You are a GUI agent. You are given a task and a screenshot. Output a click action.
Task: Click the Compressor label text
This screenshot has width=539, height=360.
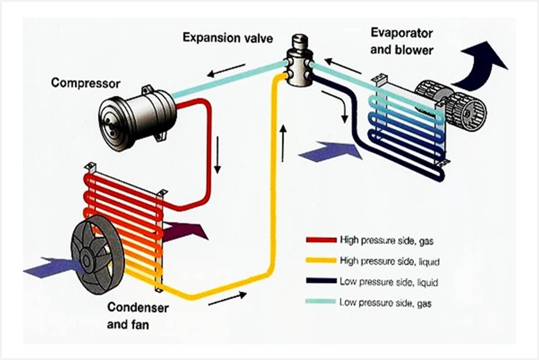click(85, 82)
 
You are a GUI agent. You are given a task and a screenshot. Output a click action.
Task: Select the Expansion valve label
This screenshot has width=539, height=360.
click(227, 38)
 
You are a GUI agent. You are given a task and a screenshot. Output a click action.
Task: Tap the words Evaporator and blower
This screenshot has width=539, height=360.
click(402, 42)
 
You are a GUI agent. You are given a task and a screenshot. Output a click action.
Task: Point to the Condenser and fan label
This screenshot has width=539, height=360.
click(138, 315)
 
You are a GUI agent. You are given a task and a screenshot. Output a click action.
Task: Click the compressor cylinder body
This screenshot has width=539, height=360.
click(137, 116)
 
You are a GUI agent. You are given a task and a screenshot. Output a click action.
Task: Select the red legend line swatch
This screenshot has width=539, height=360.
click(321, 240)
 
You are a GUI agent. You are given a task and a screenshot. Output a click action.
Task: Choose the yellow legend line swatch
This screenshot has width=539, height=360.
click(321, 260)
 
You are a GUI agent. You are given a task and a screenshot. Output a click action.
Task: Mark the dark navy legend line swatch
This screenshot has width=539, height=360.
click(321, 281)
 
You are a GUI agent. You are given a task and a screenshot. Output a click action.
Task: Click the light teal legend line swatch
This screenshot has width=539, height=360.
click(321, 302)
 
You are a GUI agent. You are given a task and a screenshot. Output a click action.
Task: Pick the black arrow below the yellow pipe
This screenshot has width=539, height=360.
click(227, 298)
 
